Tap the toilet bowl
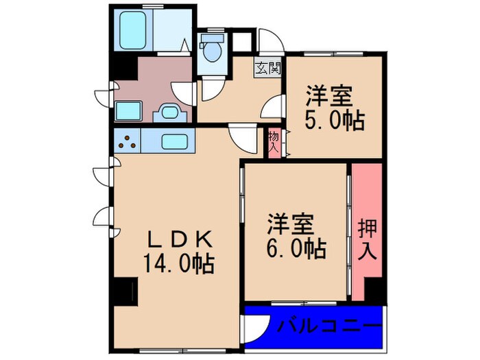pos(213,50)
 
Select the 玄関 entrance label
pos(268,68)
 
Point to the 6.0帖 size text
pos(296,248)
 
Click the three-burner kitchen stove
pos(127,142)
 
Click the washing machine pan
pos(128,110)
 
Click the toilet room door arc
pos(208,90)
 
